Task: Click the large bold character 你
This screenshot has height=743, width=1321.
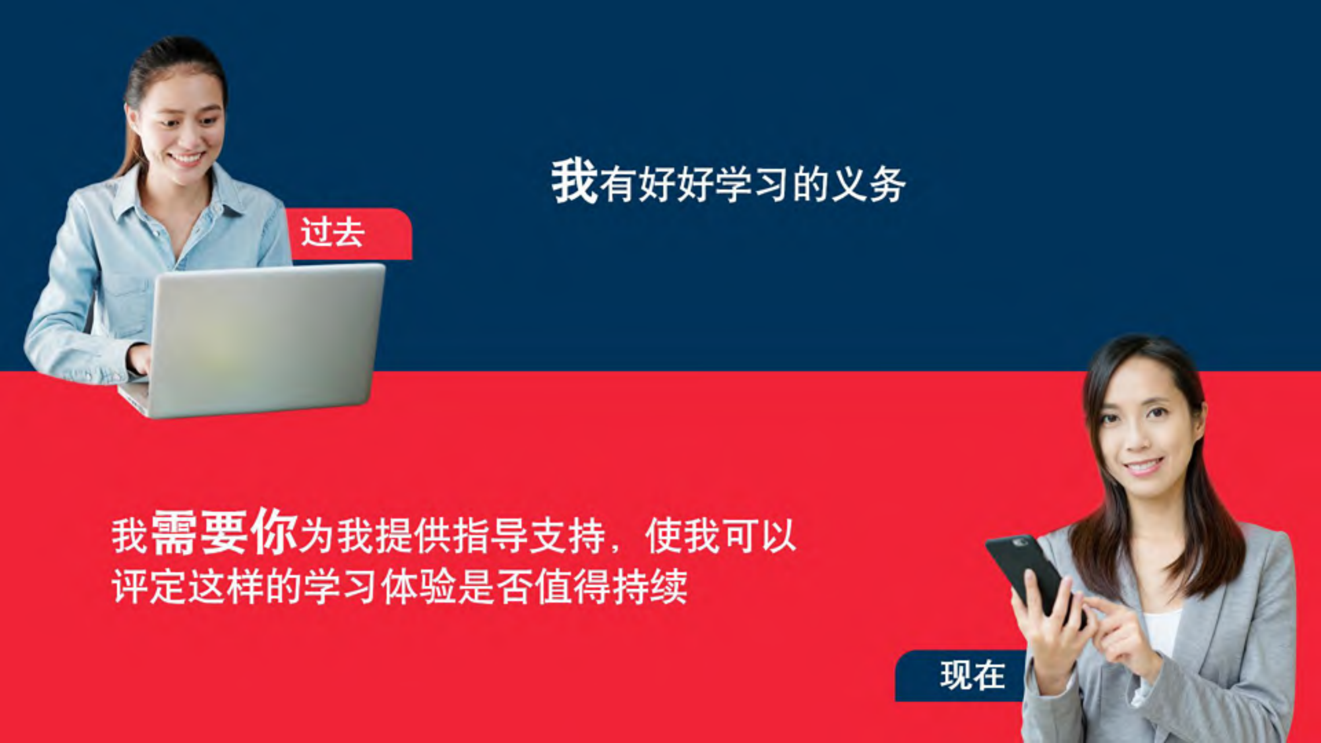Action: click(x=274, y=532)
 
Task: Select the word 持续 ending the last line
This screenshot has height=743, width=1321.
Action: click(x=650, y=588)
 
